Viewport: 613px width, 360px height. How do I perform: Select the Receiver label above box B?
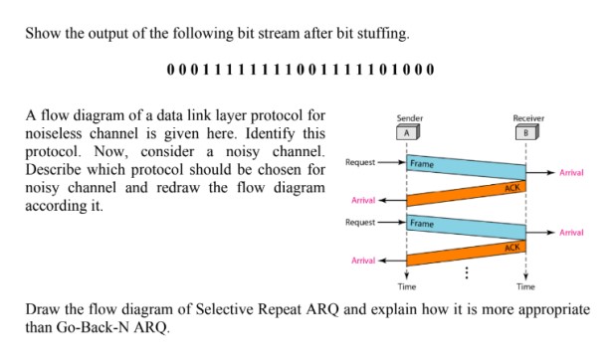(527, 117)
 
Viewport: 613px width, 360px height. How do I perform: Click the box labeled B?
(527, 130)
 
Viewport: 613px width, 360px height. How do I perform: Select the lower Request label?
(360, 221)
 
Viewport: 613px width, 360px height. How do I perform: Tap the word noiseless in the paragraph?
(63, 134)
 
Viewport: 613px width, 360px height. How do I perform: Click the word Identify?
(252, 134)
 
